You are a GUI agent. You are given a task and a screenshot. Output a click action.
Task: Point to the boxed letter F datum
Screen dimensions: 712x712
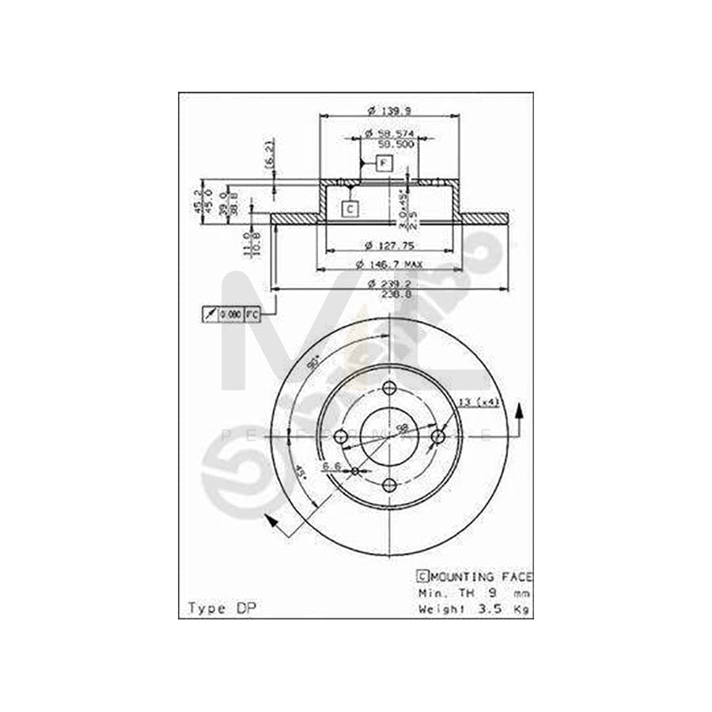(384, 164)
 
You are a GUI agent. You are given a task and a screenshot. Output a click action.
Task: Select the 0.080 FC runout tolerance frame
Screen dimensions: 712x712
(232, 314)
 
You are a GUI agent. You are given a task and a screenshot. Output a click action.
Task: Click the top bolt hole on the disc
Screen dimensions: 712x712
(388, 388)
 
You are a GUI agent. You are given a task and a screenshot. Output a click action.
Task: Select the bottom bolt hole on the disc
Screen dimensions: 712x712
(388, 485)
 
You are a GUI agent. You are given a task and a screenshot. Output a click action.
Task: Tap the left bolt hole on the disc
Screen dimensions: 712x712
(340, 436)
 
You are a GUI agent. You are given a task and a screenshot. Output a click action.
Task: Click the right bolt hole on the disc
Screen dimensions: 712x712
(437, 436)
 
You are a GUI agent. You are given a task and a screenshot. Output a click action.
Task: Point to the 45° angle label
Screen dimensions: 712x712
(301, 476)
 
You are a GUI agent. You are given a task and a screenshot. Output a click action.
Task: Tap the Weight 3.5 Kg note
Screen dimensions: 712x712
(474, 608)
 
